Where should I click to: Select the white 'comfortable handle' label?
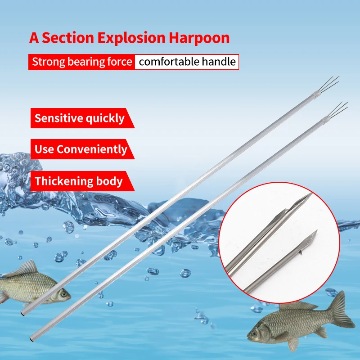pyautogui.click(x=187, y=62)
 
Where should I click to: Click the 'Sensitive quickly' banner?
pyautogui.click(x=79, y=118)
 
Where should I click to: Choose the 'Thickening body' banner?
pyautogui.click(x=78, y=181)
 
